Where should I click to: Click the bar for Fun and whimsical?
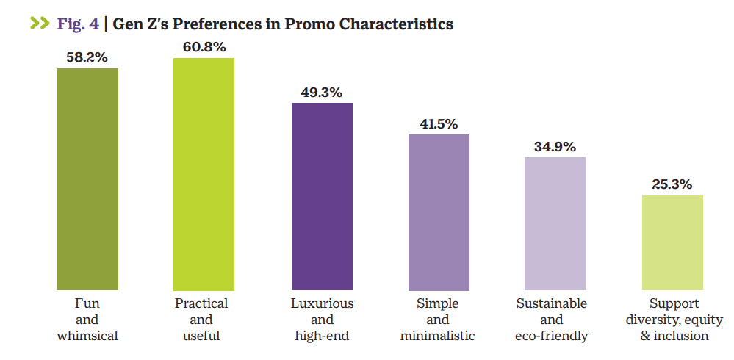coord(87,179)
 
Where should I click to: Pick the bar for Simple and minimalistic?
coord(439,212)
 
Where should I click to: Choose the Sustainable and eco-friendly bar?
coord(555,223)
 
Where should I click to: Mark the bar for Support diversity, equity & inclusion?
coord(672,242)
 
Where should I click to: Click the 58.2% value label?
coord(87,57)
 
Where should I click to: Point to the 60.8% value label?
coord(204,47)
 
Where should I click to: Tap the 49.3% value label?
coord(322,93)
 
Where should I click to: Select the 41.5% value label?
coord(439,123)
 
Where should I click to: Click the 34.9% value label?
coord(555,146)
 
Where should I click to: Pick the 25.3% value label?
coord(672,184)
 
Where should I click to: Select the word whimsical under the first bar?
coord(87,336)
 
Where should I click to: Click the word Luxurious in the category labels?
coord(322,303)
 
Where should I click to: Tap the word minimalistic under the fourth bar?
coord(438,336)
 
